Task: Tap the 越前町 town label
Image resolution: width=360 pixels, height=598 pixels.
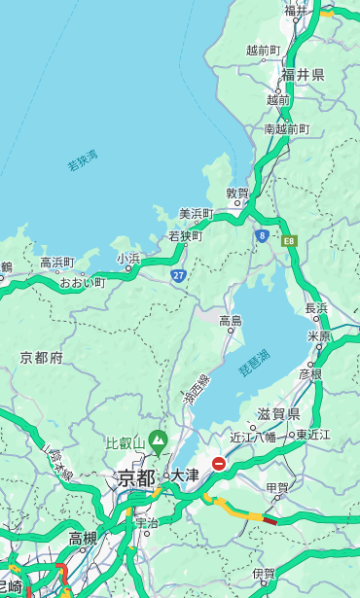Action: (x=263, y=50)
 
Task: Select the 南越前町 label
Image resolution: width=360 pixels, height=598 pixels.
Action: (x=286, y=128)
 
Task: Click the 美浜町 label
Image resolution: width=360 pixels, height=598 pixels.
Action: (x=196, y=214)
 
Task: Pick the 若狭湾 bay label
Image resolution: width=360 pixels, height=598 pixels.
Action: (x=83, y=160)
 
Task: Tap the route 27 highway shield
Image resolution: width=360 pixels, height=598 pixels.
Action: (x=178, y=276)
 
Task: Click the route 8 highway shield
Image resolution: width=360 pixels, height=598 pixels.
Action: (x=262, y=235)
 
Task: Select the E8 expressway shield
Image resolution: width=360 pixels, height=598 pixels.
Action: (x=289, y=239)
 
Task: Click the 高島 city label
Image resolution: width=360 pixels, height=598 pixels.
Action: (x=231, y=321)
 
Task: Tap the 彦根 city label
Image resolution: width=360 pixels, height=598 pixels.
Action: (x=310, y=373)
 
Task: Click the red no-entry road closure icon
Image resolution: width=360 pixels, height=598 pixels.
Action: (x=219, y=464)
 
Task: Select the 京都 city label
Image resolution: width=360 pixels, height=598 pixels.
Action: (x=136, y=477)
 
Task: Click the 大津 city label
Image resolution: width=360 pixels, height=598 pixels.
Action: (x=184, y=475)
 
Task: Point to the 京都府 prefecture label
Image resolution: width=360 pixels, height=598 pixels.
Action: (x=42, y=358)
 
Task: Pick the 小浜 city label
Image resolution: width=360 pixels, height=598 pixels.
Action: (x=128, y=259)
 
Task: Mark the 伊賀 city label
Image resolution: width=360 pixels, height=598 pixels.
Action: (x=263, y=574)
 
